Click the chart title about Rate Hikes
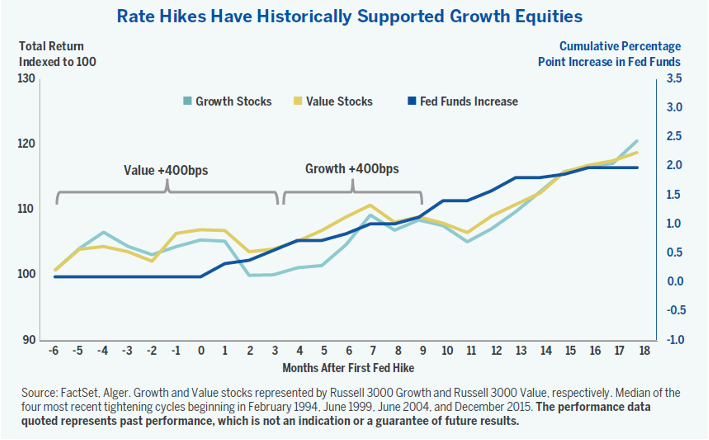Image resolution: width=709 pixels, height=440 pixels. tap(349, 17)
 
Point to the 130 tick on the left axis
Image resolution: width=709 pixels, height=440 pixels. tap(26, 79)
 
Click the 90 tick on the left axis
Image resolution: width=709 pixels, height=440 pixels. tap(29, 340)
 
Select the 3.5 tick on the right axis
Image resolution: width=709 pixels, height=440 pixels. tap(674, 79)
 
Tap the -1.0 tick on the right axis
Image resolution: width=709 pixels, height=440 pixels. tap(676, 340)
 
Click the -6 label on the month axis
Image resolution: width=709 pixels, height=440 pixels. tap(53, 351)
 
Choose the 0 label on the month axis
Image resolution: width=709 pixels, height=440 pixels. tap(201, 351)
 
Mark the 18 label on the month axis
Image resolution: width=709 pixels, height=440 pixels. tap(644, 351)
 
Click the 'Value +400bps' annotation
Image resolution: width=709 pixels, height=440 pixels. tap(166, 170)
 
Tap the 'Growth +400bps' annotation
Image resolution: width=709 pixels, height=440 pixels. tap(352, 169)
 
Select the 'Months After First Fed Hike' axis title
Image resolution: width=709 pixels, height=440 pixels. tap(348, 368)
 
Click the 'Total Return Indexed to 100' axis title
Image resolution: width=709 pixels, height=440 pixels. tap(57, 54)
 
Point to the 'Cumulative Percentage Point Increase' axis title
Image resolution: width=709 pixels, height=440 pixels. tap(609, 54)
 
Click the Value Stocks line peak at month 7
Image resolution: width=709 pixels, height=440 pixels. tap(370, 205)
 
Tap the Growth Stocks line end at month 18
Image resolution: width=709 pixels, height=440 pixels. tap(637, 141)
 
